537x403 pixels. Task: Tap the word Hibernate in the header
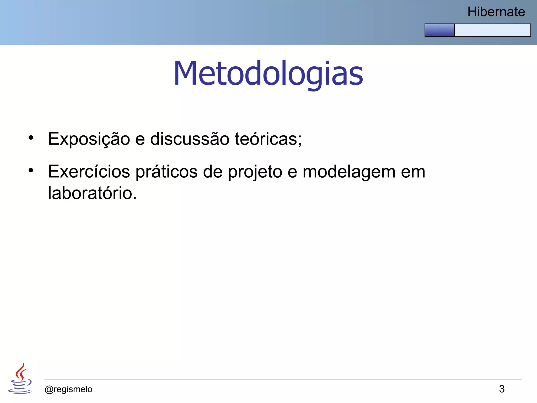(x=496, y=12)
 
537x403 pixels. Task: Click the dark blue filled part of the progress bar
(x=439, y=30)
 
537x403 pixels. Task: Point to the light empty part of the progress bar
(x=492, y=30)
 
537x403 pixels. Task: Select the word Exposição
(x=89, y=139)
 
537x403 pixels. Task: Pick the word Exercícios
(x=89, y=172)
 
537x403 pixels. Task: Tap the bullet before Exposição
(x=31, y=138)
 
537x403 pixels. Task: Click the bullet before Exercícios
(x=31, y=171)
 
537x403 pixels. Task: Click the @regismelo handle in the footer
(x=68, y=389)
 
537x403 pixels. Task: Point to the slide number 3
(x=502, y=389)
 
